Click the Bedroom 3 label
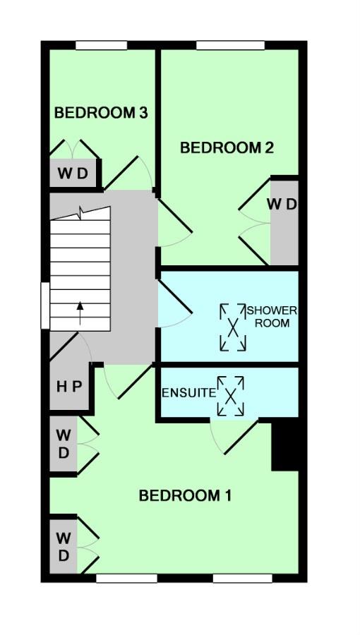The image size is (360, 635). point(101,113)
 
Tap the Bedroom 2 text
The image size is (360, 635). point(227,148)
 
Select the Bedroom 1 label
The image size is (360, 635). point(185,495)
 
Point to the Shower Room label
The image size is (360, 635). point(272,317)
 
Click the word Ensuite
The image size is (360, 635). point(188,393)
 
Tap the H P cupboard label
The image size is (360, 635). point(69,387)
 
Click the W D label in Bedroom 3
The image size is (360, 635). point(73,174)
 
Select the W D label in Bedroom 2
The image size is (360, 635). point(282,204)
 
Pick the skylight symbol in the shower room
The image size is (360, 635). point(233,327)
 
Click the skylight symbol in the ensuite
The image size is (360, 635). point(231,396)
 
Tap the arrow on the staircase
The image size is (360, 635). point(80,313)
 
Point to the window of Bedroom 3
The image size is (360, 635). point(102,45)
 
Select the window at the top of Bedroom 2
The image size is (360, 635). point(230,45)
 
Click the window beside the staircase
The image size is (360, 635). point(45,306)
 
